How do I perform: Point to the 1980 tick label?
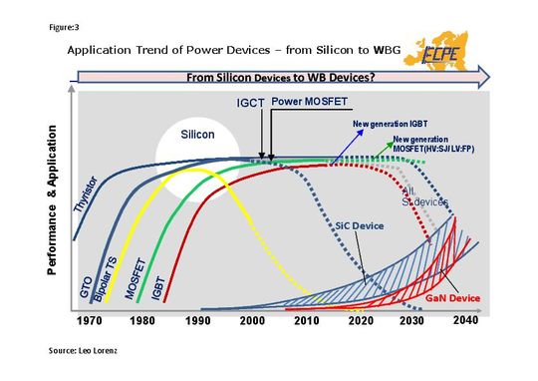coord(144,321)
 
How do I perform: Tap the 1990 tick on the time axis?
coord(200,321)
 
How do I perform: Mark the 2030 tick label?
coord(412,321)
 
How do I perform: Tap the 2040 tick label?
coord(465,320)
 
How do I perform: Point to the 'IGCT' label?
coord(249,102)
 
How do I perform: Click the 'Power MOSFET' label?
coord(306,102)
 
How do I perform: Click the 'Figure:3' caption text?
coord(63,25)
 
